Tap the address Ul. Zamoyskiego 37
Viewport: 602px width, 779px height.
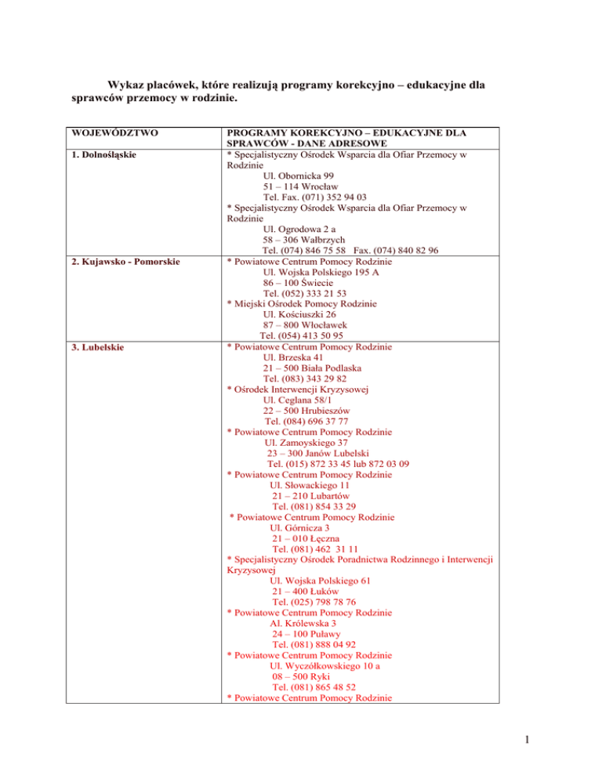click(x=307, y=442)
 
